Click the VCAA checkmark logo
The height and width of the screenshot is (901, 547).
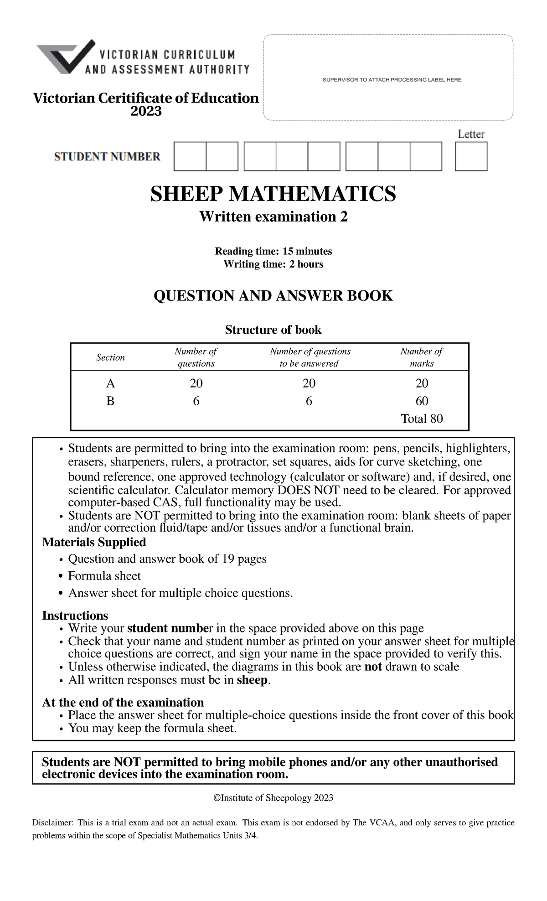tap(67, 57)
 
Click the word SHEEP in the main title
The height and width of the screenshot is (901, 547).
tap(186, 194)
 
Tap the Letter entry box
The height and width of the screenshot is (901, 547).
tap(471, 156)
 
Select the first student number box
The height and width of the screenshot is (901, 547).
tap(190, 156)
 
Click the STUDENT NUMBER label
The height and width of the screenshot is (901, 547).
tap(107, 157)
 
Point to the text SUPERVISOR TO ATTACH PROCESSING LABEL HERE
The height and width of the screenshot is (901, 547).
tap(392, 80)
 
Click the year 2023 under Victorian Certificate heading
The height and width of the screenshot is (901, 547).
tap(146, 111)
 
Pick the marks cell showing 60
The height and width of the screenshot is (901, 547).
tap(422, 401)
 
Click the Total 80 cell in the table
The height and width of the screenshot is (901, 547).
tap(422, 419)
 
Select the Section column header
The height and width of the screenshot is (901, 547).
tap(110, 357)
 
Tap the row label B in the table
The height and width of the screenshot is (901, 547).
tap(110, 401)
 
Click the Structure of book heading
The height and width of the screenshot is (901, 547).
tap(273, 330)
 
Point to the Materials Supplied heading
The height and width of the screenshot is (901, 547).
tap(94, 542)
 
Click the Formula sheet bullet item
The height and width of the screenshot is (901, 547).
tap(104, 576)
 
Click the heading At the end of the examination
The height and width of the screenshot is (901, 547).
tap(123, 702)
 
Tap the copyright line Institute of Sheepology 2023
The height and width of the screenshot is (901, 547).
tap(273, 798)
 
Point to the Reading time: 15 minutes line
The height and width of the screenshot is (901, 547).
tap(273, 251)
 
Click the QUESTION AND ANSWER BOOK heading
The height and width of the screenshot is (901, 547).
tap(273, 296)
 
